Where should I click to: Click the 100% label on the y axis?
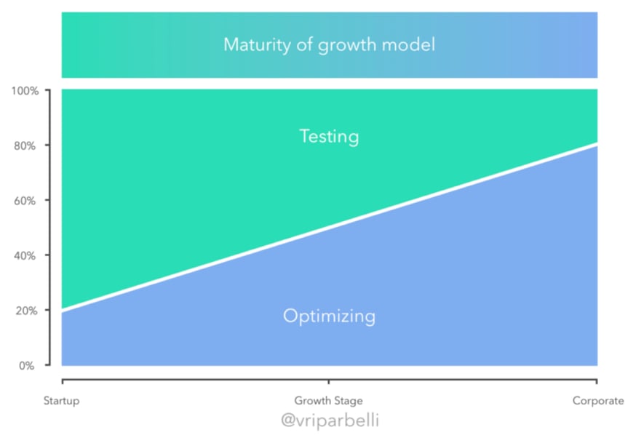(x=25, y=91)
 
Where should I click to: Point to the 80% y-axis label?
(x=25, y=145)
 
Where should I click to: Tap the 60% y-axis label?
(x=25, y=201)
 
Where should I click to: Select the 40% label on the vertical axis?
(x=25, y=256)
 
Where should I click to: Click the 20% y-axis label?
(x=26, y=311)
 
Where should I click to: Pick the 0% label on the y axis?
(x=26, y=366)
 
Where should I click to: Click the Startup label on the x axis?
(x=62, y=401)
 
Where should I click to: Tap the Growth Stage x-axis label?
(x=328, y=401)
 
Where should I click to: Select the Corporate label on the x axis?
(x=598, y=401)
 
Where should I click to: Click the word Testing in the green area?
(x=330, y=137)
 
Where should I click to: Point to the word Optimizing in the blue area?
(x=330, y=316)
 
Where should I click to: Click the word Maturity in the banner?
(x=257, y=44)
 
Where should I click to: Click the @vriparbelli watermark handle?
(x=330, y=420)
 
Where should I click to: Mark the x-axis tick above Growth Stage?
(x=328, y=381)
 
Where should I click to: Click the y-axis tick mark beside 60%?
(x=47, y=200)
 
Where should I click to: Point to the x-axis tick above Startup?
(x=63, y=381)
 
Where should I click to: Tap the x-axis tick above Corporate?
(x=597, y=381)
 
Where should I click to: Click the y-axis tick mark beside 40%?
(x=47, y=255)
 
